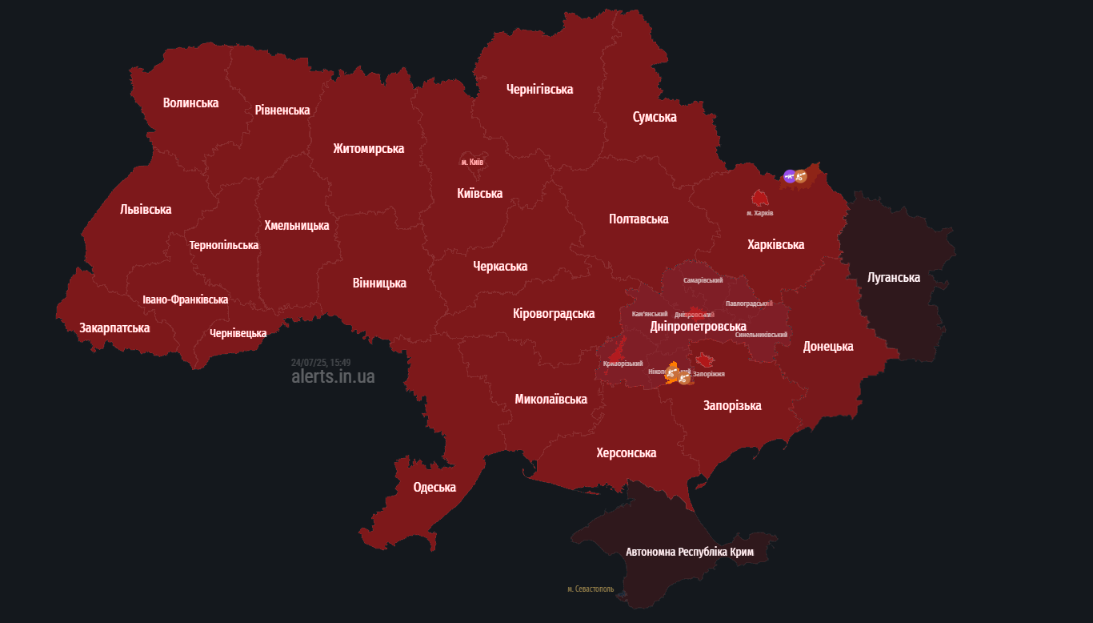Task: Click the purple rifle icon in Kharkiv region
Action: (790, 176)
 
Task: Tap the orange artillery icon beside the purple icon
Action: (800, 176)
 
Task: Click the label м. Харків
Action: (759, 213)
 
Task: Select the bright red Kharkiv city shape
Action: (760, 198)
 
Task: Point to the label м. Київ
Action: (472, 162)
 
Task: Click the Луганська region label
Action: (894, 278)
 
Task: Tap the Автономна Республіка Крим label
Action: (690, 552)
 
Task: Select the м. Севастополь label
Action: (591, 589)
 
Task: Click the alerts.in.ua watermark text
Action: (333, 376)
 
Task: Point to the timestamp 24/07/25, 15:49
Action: (321, 362)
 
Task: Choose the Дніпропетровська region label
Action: (698, 327)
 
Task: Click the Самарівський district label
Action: (703, 280)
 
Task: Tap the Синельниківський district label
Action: (761, 335)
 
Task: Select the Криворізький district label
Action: (623, 364)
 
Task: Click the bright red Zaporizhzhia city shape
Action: (704, 361)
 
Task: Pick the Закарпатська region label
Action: (114, 328)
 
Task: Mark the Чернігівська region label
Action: (539, 89)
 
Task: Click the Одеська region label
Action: (434, 487)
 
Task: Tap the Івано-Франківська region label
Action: (186, 299)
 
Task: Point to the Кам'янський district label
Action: (650, 314)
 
